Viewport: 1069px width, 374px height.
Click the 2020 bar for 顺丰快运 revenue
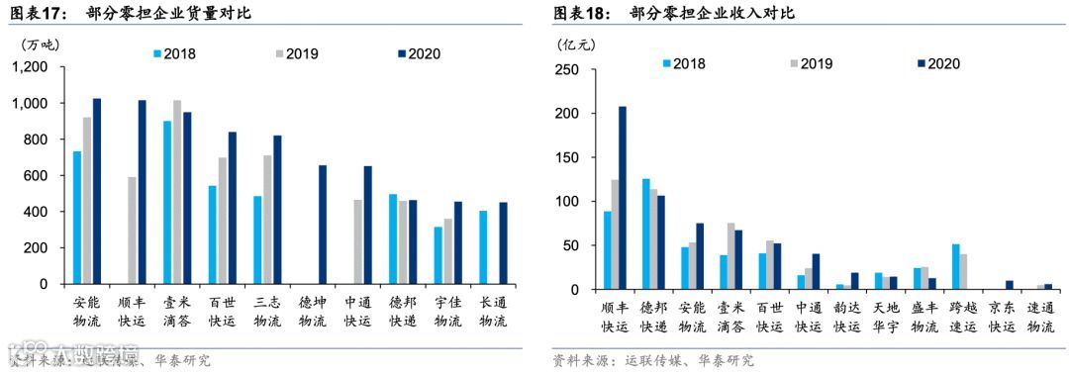pos(623,198)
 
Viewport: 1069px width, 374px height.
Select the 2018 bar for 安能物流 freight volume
pos(77,218)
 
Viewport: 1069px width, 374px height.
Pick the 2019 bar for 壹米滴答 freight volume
pos(177,192)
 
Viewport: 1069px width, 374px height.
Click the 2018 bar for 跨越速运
pos(956,266)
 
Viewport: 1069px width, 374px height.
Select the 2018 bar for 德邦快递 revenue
pos(646,234)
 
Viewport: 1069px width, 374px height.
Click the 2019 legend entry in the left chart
pos(295,53)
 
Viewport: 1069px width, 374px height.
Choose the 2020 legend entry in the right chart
pos(937,63)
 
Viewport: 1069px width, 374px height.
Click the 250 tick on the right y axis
pos(566,70)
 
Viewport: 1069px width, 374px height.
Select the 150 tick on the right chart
pos(566,158)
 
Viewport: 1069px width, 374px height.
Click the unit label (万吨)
pos(42,43)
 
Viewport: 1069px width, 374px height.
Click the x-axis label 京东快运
pos(1003,317)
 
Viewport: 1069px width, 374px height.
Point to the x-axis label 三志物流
pos(267,311)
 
